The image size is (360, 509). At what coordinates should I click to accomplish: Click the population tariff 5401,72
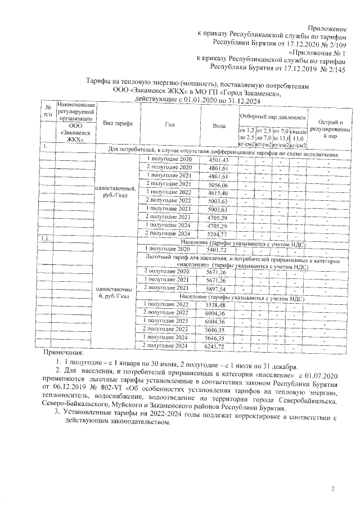(217, 249)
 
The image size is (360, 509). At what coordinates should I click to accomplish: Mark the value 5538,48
(216, 304)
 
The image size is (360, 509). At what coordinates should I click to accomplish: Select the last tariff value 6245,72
(216, 345)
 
